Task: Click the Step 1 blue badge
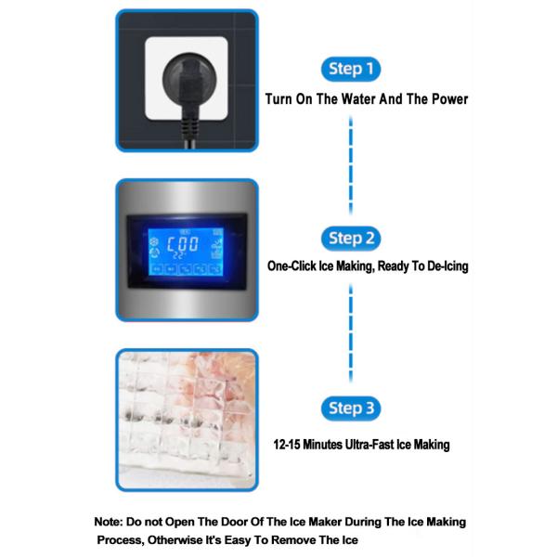pyautogui.click(x=351, y=69)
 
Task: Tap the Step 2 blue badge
pyautogui.click(x=351, y=239)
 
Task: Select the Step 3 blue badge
pyautogui.click(x=351, y=408)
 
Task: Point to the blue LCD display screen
pyautogui.click(x=186, y=252)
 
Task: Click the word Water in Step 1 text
pyautogui.click(x=358, y=99)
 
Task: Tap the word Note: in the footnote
pyautogui.click(x=109, y=522)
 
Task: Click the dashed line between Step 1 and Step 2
pyautogui.click(x=351, y=165)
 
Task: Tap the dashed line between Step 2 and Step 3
pyautogui.click(x=351, y=333)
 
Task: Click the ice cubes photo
pyautogui.click(x=187, y=421)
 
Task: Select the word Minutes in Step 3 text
pyautogui.click(x=322, y=445)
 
